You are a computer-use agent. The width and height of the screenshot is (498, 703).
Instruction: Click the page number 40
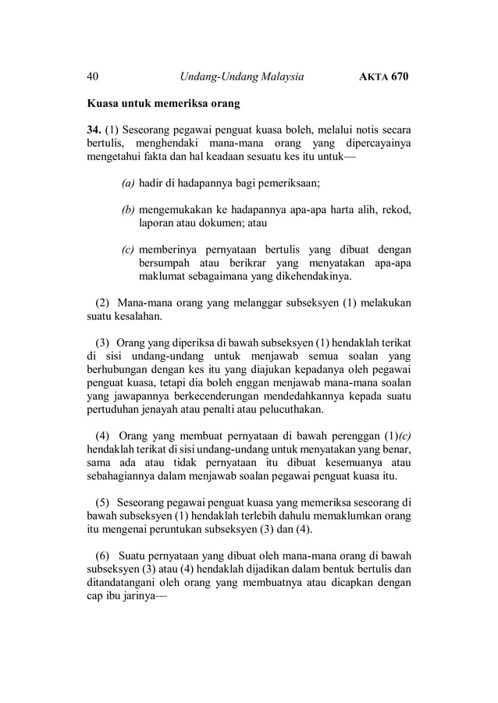point(92,76)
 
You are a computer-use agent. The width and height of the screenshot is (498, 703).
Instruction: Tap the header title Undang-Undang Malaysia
point(241,76)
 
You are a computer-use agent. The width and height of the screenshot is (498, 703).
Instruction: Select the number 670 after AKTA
point(400,76)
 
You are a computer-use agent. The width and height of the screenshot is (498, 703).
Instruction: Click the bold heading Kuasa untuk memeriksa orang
point(163,102)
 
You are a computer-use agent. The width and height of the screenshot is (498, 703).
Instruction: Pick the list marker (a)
point(127,183)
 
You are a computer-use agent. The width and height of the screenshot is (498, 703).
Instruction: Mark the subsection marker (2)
point(102,303)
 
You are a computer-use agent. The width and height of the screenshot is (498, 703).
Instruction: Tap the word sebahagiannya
point(125,475)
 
